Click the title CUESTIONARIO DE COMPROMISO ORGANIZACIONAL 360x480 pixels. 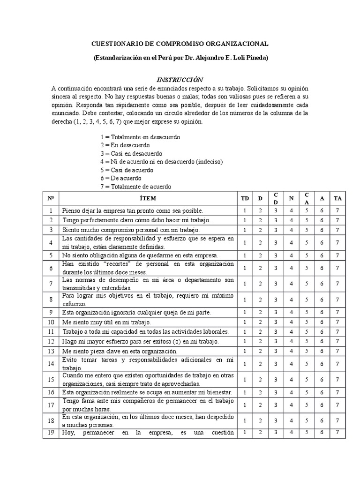point(180,44)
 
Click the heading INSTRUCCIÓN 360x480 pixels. point(180,80)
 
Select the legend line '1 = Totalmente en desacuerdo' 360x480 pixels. point(140,137)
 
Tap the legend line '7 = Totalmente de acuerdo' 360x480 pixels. point(135,187)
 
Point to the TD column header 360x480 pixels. point(245,198)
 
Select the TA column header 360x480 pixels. point(337,198)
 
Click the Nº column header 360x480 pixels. point(51,198)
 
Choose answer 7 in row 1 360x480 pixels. point(337,211)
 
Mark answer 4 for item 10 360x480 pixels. point(291,322)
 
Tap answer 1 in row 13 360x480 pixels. point(245,351)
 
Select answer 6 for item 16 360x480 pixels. point(322,392)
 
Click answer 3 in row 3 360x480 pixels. point(276,230)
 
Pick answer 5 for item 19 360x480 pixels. point(307,433)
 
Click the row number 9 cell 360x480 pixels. point(51,312)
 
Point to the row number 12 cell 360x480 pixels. point(51,341)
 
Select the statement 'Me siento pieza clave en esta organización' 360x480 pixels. point(120,351)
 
